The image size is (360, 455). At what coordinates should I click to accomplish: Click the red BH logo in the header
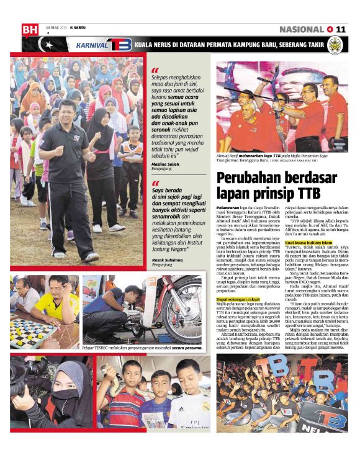pyautogui.click(x=29, y=29)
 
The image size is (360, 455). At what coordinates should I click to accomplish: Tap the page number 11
pyautogui.click(x=341, y=29)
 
